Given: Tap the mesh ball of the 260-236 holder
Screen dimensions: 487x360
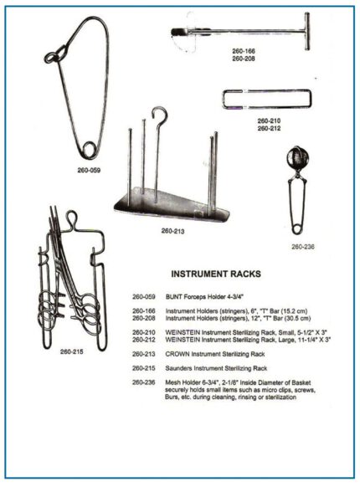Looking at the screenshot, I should tap(296, 158).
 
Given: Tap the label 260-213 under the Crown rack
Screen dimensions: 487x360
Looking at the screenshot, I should tap(174, 230).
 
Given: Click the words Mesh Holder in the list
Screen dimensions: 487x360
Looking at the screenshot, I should tap(185, 382).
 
